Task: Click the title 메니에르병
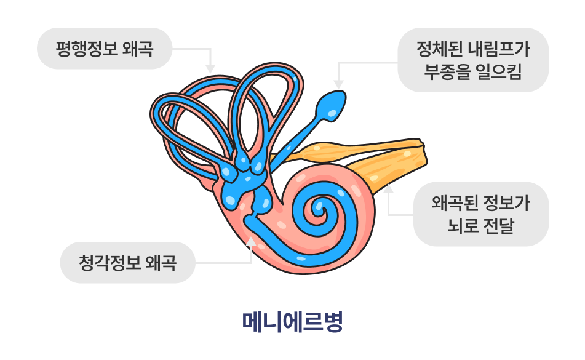(x=292, y=321)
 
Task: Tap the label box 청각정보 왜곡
(x=127, y=263)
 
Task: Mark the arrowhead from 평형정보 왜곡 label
(x=210, y=68)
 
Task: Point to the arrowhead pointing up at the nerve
(x=388, y=188)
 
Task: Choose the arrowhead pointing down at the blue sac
(x=337, y=84)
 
